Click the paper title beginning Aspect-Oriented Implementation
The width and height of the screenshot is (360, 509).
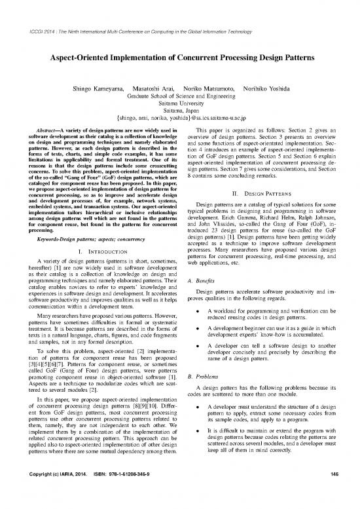pos(179,57)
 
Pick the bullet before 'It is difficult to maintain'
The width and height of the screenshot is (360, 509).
pos(198,447)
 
